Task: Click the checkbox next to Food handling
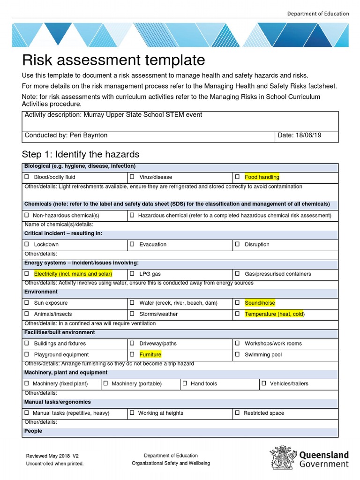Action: coord(238,177)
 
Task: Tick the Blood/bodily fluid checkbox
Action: coord(27,177)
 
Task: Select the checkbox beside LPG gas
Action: coord(132,273)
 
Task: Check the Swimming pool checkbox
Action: coord(238,354)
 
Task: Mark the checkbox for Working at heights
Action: coord(132,412)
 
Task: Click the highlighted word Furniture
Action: coord(150,354)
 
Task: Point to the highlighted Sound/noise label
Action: coord(260,303)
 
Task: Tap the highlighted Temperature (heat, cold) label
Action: coord(274,314)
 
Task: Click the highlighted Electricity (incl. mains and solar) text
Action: coord(73,274)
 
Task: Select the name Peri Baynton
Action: coord(88,135)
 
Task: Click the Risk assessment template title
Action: coord(114,60)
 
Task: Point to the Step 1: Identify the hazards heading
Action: coord(81,155)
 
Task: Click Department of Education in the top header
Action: coord(318,14)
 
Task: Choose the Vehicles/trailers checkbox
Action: coord(264,383)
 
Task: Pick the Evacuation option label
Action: coord(153,244)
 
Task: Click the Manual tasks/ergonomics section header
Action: coord(58,402)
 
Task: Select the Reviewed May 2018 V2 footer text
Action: coord(52,456)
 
